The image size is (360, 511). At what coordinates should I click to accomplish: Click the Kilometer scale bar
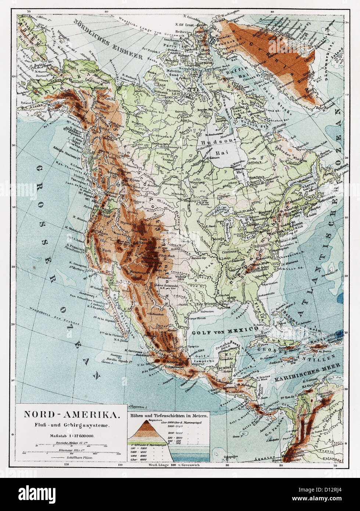(72, 452)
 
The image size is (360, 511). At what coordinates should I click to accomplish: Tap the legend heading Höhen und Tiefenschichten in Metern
(169, 415)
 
